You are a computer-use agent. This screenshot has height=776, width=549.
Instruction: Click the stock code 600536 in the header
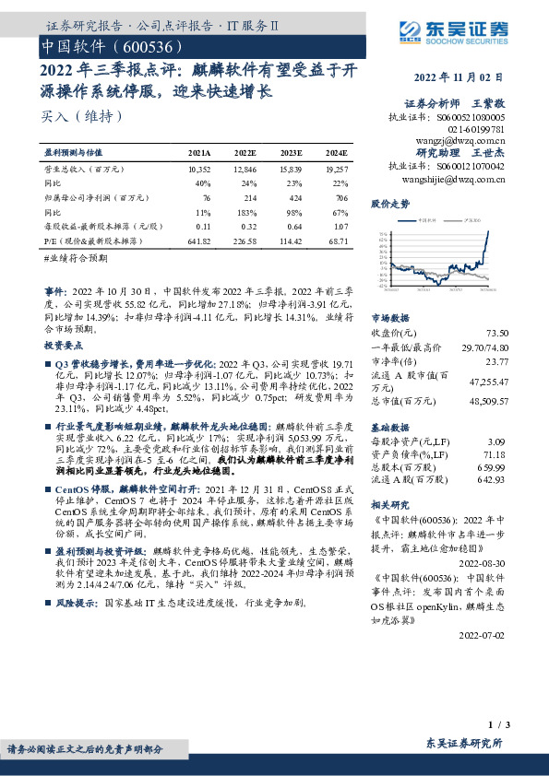coord(140,45)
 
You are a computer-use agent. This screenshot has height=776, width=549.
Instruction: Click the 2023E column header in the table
coord(291,153)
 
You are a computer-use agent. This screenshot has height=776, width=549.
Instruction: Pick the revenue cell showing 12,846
coord(245,170)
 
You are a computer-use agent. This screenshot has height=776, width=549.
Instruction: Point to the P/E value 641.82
coord(198,241)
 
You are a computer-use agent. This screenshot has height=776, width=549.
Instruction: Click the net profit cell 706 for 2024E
coord(340,197)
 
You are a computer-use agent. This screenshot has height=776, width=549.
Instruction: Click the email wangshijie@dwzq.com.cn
coord(461,180)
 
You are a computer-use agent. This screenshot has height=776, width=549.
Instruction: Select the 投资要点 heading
coord(64,344)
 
